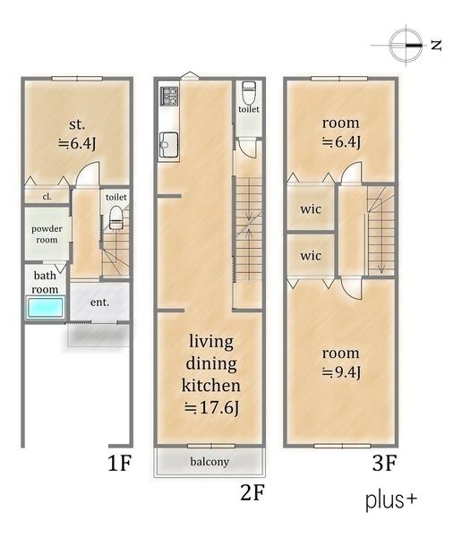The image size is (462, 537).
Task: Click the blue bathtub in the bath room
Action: (x=46, y=307)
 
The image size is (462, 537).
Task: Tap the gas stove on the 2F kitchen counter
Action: (x=169, y=96)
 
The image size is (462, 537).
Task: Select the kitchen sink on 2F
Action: (x=169, y=145)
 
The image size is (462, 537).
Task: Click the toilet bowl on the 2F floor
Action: (x=249, y=92)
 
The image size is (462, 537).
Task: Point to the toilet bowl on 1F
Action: (x=115, y=217)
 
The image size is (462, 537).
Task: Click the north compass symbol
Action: (x=406, y=46)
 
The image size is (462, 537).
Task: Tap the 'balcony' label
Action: (x=210, y=462)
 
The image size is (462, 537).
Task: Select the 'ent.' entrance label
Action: (x=99, y=303)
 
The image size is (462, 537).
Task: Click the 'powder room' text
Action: (x=47, y=234)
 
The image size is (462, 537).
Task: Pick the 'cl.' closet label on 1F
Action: (x=47, y=197)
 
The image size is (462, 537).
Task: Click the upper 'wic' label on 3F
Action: (x=311, y=209)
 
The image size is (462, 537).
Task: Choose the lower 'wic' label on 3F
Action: (x=311, y=256)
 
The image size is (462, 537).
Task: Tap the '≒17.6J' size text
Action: (x=211, y=407)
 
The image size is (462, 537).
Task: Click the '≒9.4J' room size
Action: (x=341, y=372)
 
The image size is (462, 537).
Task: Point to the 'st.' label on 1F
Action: (x=77, y=124)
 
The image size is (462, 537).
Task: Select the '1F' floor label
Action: (x=120, y=463)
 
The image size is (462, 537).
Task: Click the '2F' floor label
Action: (x=252, y=493)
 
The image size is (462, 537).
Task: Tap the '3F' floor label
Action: (x=384, y=463)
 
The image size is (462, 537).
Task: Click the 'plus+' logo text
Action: (x=391, y=500)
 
